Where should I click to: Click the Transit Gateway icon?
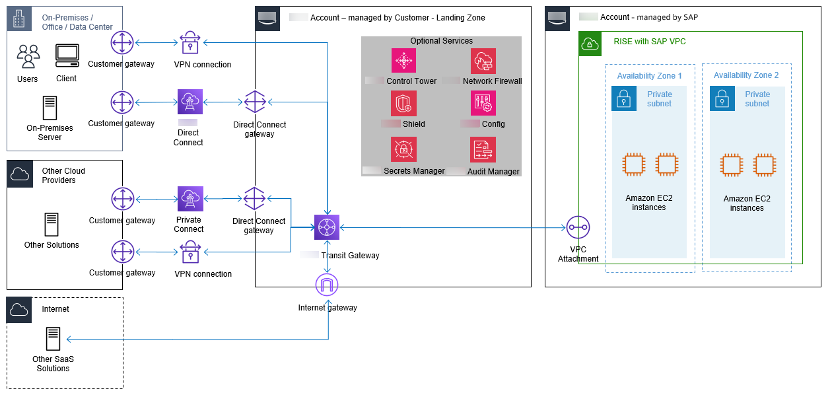(x=327, y=227)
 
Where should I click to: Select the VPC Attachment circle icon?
(x=578, y=228)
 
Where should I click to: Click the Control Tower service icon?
(x=403, y=61)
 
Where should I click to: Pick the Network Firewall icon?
(x=483, y=61)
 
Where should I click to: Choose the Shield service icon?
(x=403, y=104)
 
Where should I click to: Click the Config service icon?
(x=483, y=104)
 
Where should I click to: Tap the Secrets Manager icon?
(x=403, y=149)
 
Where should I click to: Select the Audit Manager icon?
(x=483, y=149)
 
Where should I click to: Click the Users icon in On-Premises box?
(x=28, y=57)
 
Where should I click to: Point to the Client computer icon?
(x=67, y=56)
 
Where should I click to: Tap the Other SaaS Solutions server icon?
(x=53, y=339)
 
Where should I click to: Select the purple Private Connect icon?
(x=190, y=198)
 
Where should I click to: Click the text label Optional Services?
(x=442, y=41)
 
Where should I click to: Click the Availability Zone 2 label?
(x=746, y=75)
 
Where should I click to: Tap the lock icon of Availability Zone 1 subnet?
(x=624, y=98)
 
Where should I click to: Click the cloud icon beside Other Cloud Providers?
(x=19, y=174)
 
